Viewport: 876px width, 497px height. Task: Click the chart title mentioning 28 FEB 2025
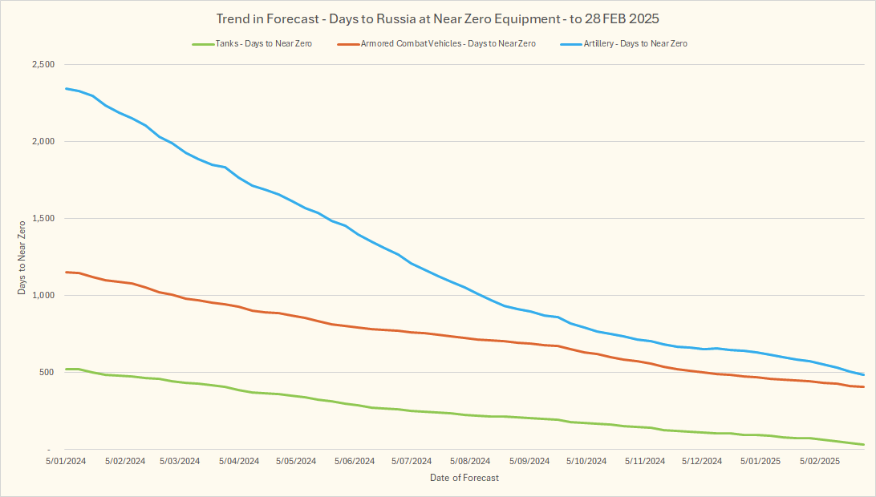(x=437, y=18)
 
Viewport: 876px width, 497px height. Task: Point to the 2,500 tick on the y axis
(x=42, y=65)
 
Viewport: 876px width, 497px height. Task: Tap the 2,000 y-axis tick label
(x=42, y=142)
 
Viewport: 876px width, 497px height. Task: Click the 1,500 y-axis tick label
(x=42, y=219)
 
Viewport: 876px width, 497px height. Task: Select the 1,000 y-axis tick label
(x=42, y=296)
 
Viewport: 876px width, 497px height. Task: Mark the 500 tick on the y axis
(x=47, y=372)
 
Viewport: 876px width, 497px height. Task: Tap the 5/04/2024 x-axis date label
(x=238, y=462)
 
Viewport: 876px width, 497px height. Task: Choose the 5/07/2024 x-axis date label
(x=412, y=462)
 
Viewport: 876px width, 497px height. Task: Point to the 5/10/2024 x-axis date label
(x=586, y=462)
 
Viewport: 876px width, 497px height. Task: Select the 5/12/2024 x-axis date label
(x=702, y=462)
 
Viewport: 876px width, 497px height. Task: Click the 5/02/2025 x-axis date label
(x=817, y=462)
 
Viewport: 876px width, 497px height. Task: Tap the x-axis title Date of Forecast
(x=464, y=479)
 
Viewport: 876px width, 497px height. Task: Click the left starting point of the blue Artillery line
(x=66, y=88)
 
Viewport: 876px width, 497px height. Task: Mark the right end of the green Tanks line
(x=863, y=444)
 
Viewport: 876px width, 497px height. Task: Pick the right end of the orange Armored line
(x=863, y=387)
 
